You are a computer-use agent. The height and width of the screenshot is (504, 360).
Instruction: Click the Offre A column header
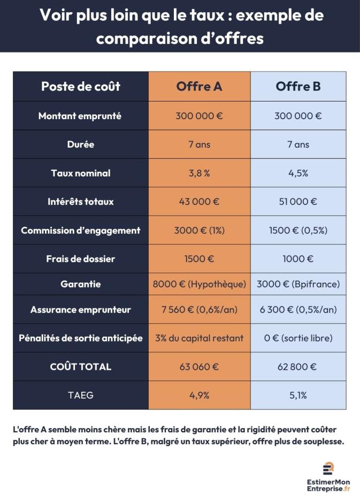tap(199, 87)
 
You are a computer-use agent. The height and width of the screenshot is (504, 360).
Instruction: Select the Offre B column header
tap(298, 87)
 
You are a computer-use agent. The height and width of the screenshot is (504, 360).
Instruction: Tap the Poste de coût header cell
tap(81, 87)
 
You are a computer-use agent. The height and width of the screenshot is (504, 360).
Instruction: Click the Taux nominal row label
tap(81, 173)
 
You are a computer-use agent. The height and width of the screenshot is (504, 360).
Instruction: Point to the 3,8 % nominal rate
tap(199, 173)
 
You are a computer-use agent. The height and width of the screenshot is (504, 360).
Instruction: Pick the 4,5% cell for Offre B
tap(298, 173)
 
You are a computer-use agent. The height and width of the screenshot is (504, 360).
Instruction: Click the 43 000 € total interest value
tap(199, 202)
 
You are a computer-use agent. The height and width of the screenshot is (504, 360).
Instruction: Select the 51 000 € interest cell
tap(298, 202)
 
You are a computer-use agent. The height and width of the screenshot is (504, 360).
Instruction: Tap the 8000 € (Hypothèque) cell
tap(199, 284)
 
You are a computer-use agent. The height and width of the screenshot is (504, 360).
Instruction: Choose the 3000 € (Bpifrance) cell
tap(298, 284)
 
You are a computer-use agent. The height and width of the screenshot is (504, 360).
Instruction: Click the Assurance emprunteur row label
tap(81, 310)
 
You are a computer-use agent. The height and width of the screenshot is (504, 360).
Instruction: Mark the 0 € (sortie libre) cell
tap(298, 338)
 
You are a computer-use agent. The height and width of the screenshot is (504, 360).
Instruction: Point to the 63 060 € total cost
tap(199, 367)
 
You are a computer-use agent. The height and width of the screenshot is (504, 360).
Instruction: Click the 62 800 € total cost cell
tap(298, 367)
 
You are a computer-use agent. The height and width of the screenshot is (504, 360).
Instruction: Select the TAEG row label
tap(81, 396)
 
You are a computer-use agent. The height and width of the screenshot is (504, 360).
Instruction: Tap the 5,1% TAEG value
tap(298, 396)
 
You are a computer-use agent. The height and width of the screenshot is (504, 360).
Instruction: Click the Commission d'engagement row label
tap(81, 231)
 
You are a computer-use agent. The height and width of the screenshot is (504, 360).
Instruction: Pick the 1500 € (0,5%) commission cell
tap(298, 231)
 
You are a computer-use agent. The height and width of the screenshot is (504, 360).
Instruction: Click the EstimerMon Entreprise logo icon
tap(328, 468)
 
